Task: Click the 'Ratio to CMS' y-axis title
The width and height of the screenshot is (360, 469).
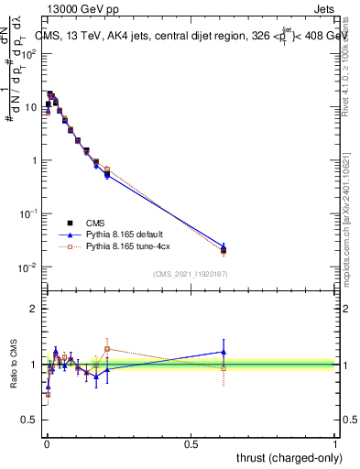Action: pos(14,365)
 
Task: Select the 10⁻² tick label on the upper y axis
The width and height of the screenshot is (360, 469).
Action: pos(27,267)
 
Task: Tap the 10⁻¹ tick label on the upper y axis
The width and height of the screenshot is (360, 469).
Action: pos(27,213)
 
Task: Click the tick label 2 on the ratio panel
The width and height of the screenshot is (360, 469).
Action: pos(33,310)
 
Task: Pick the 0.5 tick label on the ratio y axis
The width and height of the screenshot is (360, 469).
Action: pos(29,420)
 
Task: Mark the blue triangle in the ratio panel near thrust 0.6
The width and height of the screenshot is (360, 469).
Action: pos(224,352)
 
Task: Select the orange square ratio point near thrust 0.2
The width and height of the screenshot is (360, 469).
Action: pos(107,349)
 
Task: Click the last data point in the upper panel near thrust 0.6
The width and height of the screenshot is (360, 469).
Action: pos(224,250)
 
